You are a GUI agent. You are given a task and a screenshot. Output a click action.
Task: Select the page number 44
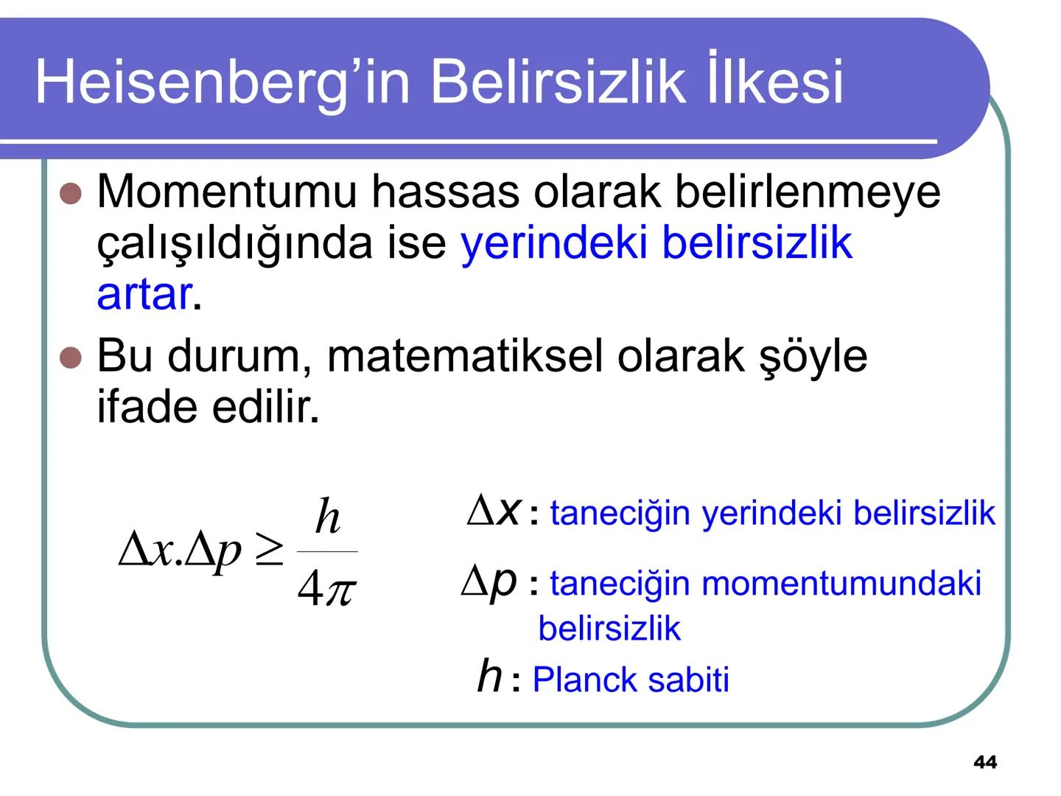[x=985, y=762]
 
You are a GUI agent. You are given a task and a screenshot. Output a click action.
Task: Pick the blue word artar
[x=144, y=295]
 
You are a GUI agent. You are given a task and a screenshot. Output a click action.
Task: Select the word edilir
[x=266, y=407]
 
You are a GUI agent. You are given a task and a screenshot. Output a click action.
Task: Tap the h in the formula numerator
[x=327, y=517]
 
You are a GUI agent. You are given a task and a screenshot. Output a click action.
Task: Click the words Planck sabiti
[x=630, y=680]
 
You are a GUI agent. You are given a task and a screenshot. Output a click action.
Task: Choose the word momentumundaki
[x=841, y=584]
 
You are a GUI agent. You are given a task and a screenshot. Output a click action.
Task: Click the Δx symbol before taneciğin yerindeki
[x=494, y=510]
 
